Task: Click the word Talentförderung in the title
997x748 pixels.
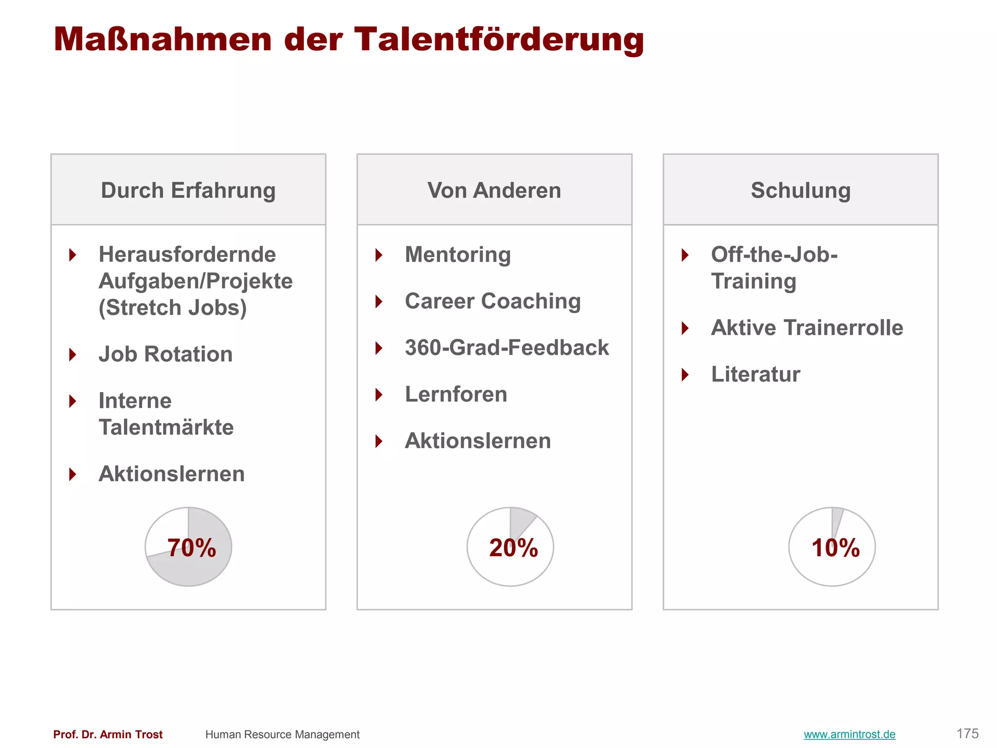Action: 498,40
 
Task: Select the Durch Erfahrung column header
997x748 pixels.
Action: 188,190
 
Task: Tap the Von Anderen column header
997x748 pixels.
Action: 494,190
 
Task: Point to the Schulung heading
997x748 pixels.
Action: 800,190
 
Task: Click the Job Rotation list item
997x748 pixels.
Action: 166,354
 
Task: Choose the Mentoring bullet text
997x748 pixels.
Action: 458,255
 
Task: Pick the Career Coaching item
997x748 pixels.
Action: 493,301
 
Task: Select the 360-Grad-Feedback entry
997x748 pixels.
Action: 507,348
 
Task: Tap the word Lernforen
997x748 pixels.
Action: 456,394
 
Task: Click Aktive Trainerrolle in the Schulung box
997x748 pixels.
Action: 807,328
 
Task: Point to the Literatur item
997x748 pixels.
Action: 755,374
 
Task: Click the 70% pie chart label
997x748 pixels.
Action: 191,548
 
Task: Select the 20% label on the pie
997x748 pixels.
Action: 513,548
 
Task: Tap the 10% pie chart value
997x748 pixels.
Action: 835,548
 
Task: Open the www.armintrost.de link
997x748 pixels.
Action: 849,734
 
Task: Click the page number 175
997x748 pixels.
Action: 967,733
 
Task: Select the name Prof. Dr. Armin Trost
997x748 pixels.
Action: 108,734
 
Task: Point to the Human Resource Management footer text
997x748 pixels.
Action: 282,734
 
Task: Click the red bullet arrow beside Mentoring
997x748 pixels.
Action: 379,255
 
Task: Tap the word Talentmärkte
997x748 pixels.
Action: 166,428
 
